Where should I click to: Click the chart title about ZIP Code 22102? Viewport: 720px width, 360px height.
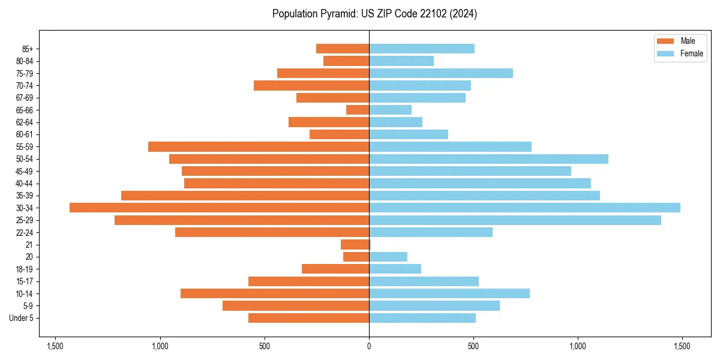[374, 14]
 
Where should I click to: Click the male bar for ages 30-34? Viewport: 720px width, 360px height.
[219, 208]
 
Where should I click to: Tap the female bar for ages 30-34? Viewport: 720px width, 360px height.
[524, 208]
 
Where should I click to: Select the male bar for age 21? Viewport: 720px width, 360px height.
[355, 245]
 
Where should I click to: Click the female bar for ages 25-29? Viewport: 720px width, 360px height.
[515, 220]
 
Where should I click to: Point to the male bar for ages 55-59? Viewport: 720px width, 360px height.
[259, 146]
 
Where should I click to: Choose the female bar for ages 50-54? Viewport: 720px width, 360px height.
[488, 159]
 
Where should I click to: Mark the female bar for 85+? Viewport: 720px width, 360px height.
[422, 49]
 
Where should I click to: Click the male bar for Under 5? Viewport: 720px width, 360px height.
[308, 318]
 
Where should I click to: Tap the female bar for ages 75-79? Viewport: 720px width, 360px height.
[441, 73]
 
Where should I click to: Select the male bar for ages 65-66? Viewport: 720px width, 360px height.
[358, 110]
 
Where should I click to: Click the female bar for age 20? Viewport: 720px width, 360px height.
[388, 257]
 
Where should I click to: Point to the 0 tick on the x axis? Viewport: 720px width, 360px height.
[369, 346]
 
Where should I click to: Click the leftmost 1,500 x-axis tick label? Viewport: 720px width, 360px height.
[55, 346]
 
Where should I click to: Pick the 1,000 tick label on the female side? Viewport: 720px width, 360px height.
[577, 346]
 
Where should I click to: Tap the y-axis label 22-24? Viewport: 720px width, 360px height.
[25, 233]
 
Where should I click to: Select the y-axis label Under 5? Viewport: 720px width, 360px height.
[22, 318]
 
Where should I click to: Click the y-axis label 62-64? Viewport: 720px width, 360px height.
[25, 122]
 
